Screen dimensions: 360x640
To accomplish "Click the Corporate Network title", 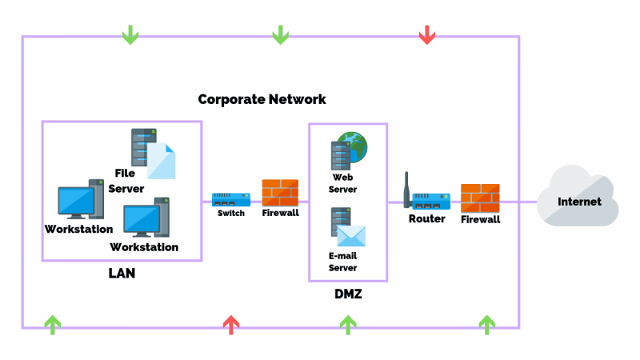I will coord(262,99).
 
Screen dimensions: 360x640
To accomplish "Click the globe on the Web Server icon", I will coord(353,148).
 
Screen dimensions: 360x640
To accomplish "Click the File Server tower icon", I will coord(143,146).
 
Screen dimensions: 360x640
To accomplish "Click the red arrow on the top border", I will coord(427,34).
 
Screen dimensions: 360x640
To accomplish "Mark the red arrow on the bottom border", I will coord(230,324).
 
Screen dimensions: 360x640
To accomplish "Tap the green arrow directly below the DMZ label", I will coord(347,324).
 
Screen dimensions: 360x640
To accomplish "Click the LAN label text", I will coord(122,274).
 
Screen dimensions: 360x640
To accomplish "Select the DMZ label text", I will coord(348,294).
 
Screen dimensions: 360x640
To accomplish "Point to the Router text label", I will coord(426,218).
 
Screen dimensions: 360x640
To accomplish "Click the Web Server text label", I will coord(342,183).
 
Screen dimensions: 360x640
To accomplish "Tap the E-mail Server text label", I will coord(342,262).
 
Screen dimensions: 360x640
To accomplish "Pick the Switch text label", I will coord(231,214).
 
